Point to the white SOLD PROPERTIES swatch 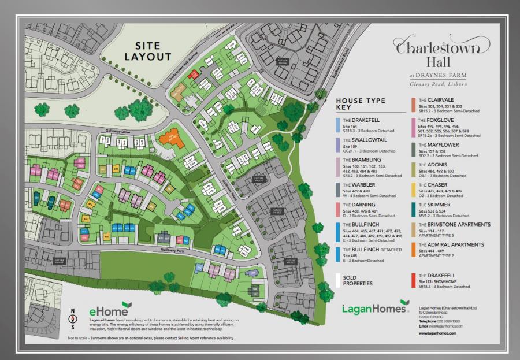click(x=337, y=280)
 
